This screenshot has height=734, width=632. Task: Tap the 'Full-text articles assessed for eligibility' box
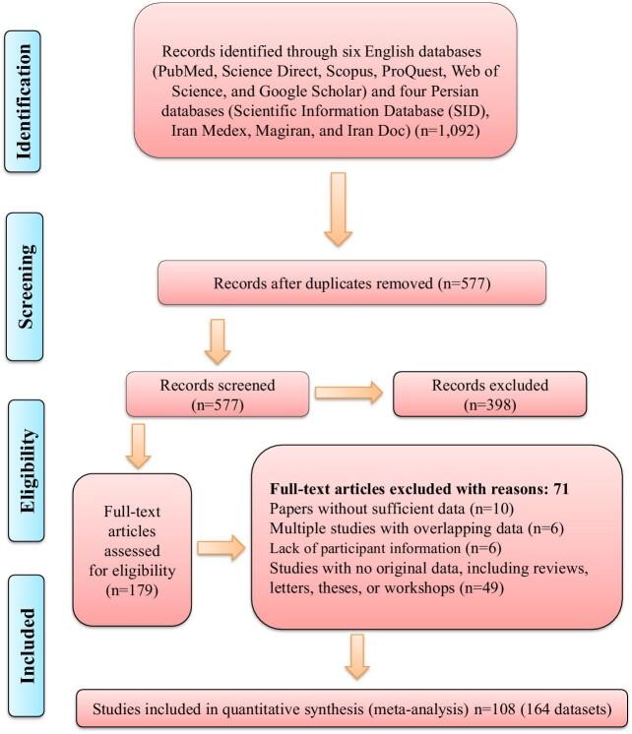(134, 548)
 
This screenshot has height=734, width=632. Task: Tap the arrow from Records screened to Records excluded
(349, 394)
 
